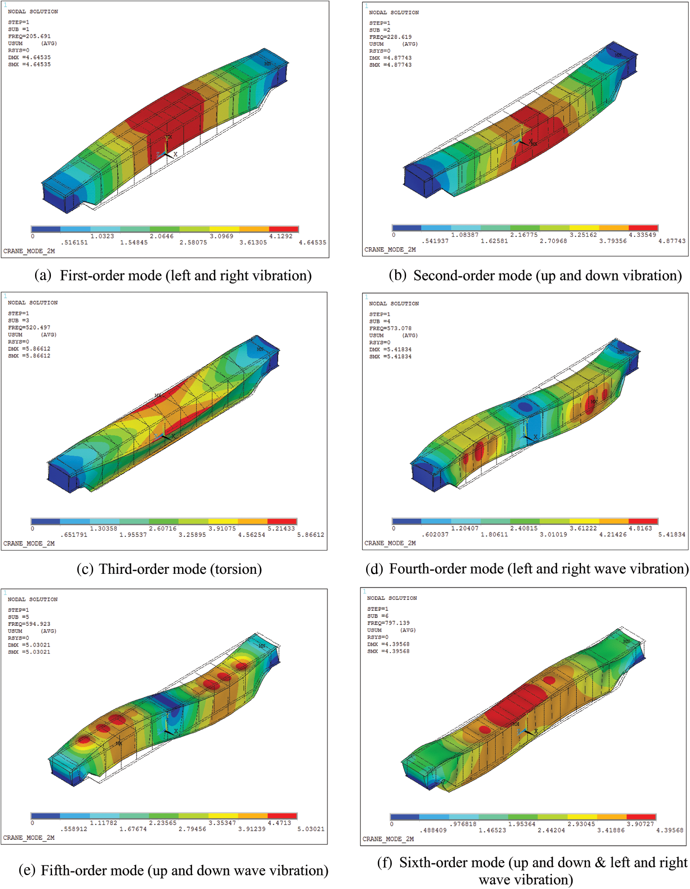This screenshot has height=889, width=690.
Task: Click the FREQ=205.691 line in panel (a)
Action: (x=29, y=36)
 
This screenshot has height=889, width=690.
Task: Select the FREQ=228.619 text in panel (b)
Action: (x=390, y=37)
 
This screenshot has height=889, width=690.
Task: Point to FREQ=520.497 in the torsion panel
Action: (x=29, y=327)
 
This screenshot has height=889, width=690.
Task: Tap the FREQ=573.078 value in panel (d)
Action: (x=390, y=328)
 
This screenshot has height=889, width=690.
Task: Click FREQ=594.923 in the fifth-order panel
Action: (x=29, y=624)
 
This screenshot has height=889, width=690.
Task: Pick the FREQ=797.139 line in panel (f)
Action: (x=388, y=623)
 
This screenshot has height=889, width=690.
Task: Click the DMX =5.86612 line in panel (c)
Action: (x=29, y=348)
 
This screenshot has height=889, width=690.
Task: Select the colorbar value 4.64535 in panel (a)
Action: (x=313, y=242)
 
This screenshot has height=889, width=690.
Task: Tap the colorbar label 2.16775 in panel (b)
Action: (x=524, y=235)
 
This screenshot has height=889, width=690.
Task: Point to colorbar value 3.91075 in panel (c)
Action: (x=222, y=528)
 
